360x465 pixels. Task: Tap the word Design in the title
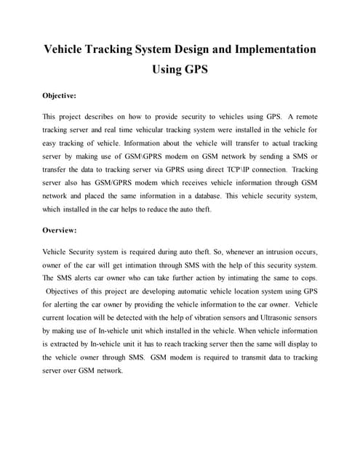tap(183, 49)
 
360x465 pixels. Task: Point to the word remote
tap(302, 117)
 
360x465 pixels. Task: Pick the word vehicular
tap(164, 130)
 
